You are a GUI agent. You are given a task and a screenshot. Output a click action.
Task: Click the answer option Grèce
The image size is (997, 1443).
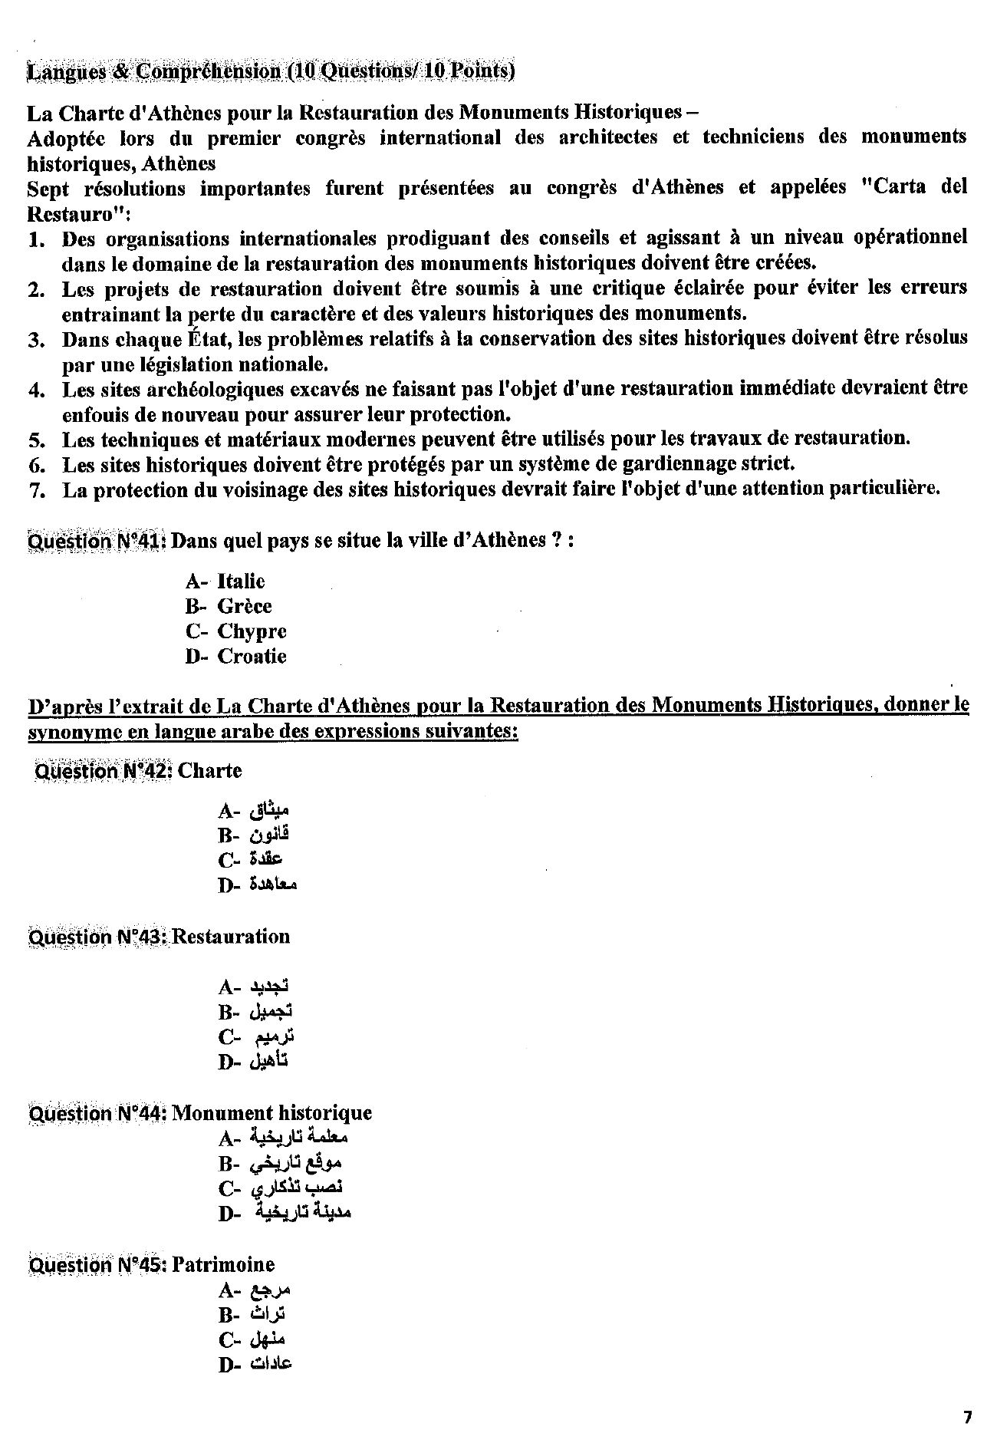244,606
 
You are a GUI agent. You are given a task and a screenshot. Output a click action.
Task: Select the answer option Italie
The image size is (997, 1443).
241,581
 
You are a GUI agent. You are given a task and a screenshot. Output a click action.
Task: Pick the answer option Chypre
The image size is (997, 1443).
252,631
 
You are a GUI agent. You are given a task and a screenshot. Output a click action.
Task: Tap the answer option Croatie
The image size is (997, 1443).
252,656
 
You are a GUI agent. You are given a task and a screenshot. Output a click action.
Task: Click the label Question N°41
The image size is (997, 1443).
97,541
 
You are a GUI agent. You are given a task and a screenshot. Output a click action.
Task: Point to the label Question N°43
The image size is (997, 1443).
97,937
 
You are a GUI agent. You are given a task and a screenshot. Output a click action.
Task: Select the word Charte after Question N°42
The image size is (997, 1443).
209,770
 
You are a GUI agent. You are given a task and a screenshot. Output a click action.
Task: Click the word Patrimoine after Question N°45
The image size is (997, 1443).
223,1264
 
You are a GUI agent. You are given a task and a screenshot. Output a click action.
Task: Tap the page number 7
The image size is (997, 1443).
967,1417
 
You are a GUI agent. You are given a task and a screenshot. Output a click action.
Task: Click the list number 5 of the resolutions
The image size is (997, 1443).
36,440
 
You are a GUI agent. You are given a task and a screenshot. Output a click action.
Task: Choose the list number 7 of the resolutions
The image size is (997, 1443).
36,489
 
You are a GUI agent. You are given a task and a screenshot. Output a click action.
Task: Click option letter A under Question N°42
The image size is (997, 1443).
225,810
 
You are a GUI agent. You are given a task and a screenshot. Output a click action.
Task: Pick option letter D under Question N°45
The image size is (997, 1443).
225,1365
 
